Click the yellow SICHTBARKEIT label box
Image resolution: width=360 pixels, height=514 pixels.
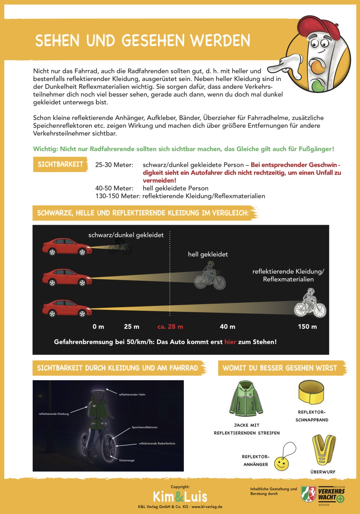pos(60,164)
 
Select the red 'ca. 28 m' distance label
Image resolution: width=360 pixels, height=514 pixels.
pos(170,327)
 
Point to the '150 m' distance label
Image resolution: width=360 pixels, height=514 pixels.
pos(307,327)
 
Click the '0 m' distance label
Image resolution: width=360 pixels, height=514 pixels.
pos(98,327)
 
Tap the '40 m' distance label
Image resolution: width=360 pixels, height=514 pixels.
pos(228,327)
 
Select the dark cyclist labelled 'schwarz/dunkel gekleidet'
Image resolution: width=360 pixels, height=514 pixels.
pos(120,248)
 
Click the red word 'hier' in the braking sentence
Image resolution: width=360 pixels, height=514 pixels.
pos(230,342)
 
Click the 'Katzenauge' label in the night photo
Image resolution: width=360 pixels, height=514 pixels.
pos(127,460)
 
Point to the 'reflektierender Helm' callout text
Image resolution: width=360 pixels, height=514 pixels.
pos(132,395)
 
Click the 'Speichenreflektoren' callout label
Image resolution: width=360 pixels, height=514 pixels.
pos(145,427)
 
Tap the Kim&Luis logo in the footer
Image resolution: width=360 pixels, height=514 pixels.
pos(180,497)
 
